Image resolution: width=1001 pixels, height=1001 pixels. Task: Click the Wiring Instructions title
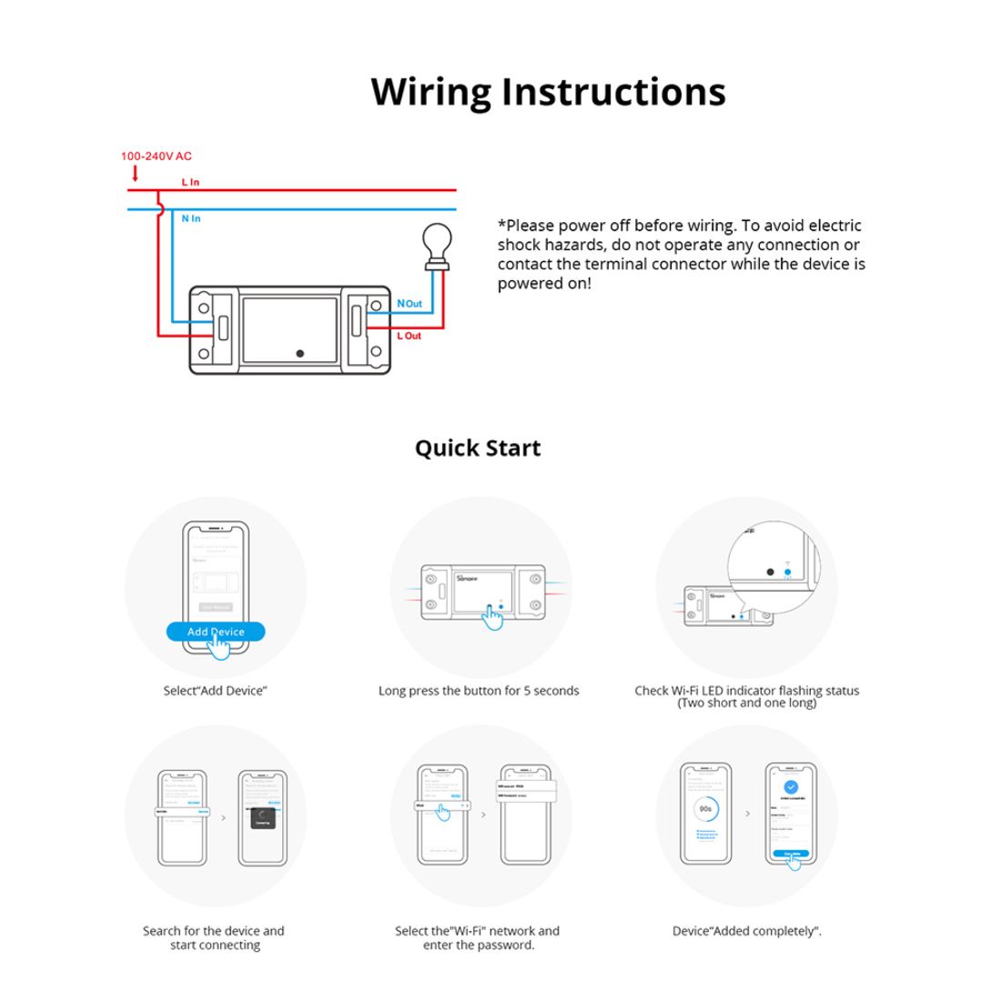click(548, 92)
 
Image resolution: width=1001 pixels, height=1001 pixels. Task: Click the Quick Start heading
click(478, 448)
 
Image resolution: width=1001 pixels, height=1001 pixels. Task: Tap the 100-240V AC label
click(157, 157)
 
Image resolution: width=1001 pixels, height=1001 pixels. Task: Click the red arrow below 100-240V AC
click(136, 172)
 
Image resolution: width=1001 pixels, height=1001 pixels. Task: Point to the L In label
click(190, 182)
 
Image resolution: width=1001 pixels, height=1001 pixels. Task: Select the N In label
click(191, 218)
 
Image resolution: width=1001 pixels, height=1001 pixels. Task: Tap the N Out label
click(409, 303)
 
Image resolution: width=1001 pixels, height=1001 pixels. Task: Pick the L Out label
click(409, 336)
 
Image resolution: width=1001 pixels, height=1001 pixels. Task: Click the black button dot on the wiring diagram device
click(299, 353)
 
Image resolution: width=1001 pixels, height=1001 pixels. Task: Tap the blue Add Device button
click(216, 632)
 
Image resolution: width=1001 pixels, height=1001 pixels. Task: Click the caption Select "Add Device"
click(215, 691)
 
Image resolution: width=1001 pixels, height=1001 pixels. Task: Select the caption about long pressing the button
click(479, 691)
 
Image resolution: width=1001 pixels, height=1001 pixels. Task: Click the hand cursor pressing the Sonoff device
click(492, 617)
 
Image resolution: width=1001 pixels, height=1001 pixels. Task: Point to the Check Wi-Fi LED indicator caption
click(746, 696)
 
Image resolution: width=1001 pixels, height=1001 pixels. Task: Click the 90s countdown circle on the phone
click(705, 808)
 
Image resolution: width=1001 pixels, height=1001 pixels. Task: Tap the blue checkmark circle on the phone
click(790, 787)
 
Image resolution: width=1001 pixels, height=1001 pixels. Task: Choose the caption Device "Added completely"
click(746, 931)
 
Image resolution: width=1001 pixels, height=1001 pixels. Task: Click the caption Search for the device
click(214, 937)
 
